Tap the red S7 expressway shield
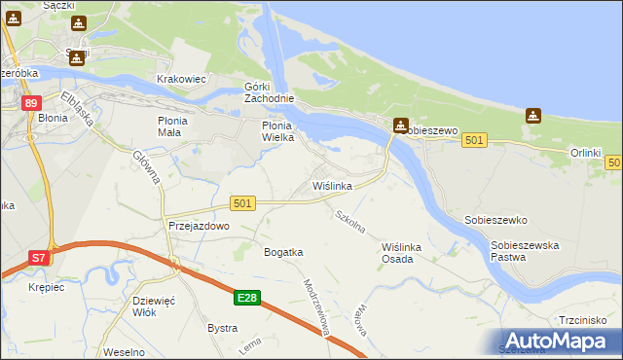(x=38, y=258)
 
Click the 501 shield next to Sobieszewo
(x=474, y=141)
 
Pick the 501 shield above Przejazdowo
(x=243, y=202)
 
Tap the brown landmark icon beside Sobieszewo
(x=400, y=126)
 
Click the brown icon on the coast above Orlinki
(x=532, y=116)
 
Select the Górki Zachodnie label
(x=268, y=93)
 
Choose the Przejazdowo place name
(x=199, y=226)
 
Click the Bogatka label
(x=283, y=252)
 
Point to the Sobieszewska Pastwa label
(x=525, y=252)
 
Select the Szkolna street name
(x=348, y=221)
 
